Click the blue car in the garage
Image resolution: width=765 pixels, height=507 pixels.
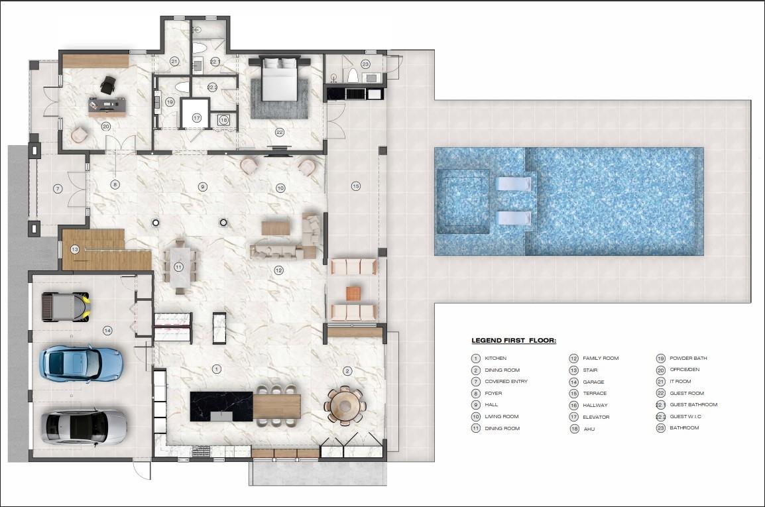click(x=72, y=363)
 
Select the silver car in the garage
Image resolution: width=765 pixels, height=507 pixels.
click(x=84, y=426)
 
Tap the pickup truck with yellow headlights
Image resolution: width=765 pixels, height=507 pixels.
click(x=66, y=307)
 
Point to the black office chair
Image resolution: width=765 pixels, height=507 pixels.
click(x=107, y=84)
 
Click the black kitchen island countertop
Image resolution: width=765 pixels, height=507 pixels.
click(x=221, y=405)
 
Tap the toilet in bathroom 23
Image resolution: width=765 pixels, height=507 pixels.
click(x=353, y=74)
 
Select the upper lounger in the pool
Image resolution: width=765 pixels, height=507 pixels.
click(x=514, y=184)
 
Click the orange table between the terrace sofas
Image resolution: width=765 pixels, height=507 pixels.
click(x=353, y=293)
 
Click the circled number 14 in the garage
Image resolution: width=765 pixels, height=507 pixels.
click(x=107, y=330)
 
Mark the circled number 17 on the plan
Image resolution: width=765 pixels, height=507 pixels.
click(x=197, y=118)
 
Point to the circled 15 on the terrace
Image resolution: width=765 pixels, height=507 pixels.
click(x=356, y=186)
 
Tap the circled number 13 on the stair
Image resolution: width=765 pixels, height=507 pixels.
click(x=75, y=249)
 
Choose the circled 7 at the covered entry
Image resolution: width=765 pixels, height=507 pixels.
click(x=58, y=189)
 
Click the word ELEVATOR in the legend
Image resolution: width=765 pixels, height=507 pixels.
click(x=596, y=417)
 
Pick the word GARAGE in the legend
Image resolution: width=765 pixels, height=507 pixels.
click(x=593, y=382)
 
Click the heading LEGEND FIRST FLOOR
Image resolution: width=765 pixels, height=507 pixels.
click(x=514, y=341)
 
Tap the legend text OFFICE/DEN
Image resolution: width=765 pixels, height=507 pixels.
click(x=683, y=370)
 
